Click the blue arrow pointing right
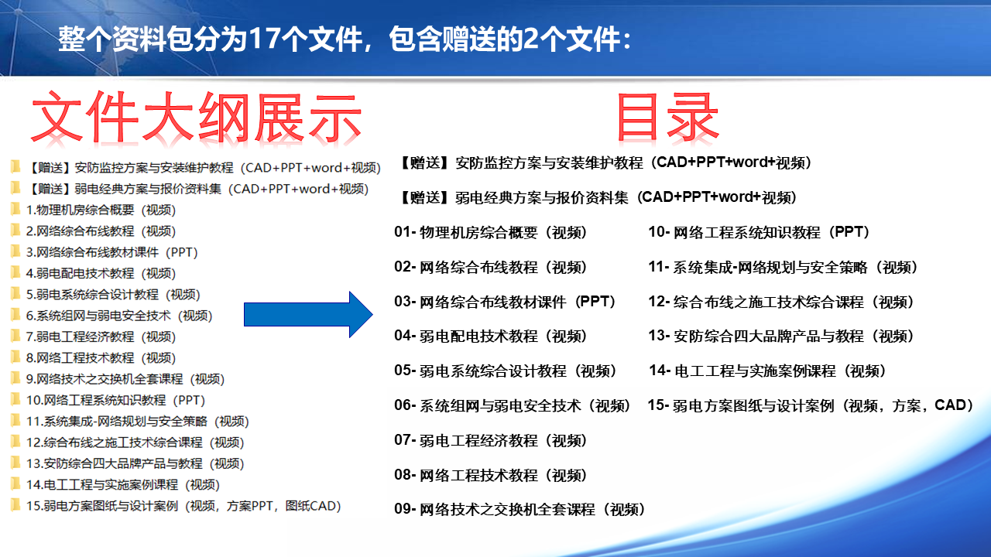coord(308,315)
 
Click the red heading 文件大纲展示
coord(197,118)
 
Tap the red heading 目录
coord(667,117)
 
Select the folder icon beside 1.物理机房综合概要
coord(15,209)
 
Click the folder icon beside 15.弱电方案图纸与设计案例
coord(15,505)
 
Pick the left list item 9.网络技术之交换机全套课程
coord(125,379)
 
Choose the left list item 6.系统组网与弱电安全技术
coord(119,316)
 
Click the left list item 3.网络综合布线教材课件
coord(111,252)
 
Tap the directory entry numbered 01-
coord(490,233)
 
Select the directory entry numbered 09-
coord(520,510)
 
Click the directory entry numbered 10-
coord(759,233)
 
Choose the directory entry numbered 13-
coord(781,337)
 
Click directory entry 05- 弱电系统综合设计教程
coord(505,371)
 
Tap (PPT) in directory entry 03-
coord(595,302)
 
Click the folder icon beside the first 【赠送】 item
coord(15,166)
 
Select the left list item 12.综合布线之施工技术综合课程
coord(135,443)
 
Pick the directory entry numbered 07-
coord(490,440)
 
